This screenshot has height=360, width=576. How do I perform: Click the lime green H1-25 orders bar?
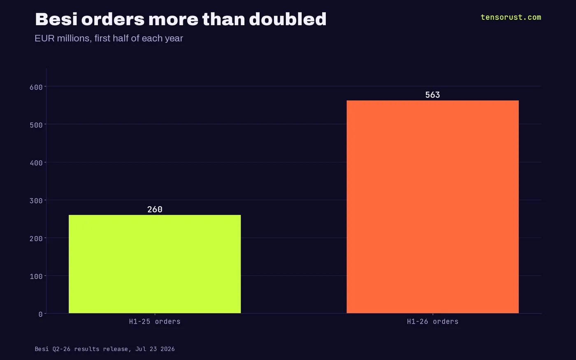pyautogui.click(x=155, y=264)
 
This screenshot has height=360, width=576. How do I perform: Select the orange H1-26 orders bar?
pyautogui.click(x=433, y=207)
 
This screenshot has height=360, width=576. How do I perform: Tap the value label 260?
pyautogui.click(x=155, y=209)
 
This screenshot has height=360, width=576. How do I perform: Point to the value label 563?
pyautogui.click(x=432, y=95)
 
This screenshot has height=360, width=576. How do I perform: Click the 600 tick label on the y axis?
pyautogui.click(x=36, y=87)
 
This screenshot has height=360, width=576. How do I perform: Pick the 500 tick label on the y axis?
pyautogui.click(x=36, y=125)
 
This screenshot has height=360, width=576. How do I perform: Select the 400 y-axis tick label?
pyautogui.click(x=36, y=163)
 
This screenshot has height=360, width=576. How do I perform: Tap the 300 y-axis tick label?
pyautogui.click(x=36, y=201)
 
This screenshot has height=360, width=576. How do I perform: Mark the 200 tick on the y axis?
pyautogui.click(x=36, y=239)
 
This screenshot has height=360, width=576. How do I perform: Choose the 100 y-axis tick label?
pyautogui.click(x=36, y=276)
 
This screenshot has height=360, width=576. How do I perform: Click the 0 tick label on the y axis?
pyautogui.click(x=40, y=314)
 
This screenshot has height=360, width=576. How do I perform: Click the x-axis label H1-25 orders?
pyautogui.click(x=155, y=322)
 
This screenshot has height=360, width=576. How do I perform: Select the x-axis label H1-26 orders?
pyautogui.click(x=433, y=322)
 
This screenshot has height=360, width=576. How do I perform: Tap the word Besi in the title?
pyautogui.click(x=56, y=19)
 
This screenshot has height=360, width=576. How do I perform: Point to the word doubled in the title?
pyautogui.click(x=288, y=19)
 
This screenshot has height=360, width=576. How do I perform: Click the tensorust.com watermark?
pyautogui.click(x=511, y=17)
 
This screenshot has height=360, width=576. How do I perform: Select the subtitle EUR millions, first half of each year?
pyautogui.click(x=109, y=39)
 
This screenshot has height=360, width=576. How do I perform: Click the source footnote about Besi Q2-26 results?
pyautogui.click(x=105, y=349)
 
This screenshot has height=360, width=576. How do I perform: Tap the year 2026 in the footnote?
pyautogui.click(x=167, y=349)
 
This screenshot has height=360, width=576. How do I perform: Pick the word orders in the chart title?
pyautogui.click(x=113, y=20)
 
